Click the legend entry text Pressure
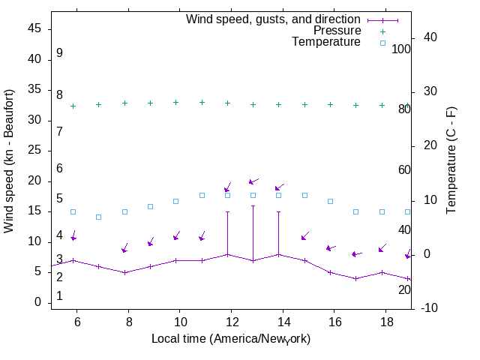(337, 31)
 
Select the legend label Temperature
(326, 43)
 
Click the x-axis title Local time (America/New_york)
(231, 339)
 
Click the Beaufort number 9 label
(59, 53)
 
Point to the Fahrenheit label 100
(401, 49)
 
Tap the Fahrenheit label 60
(404, 169)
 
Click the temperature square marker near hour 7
(98, 217)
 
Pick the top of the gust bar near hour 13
(253, 205)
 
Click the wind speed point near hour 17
(356, 278)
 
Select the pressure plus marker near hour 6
(73, 106)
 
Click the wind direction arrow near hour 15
(305, 236)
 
